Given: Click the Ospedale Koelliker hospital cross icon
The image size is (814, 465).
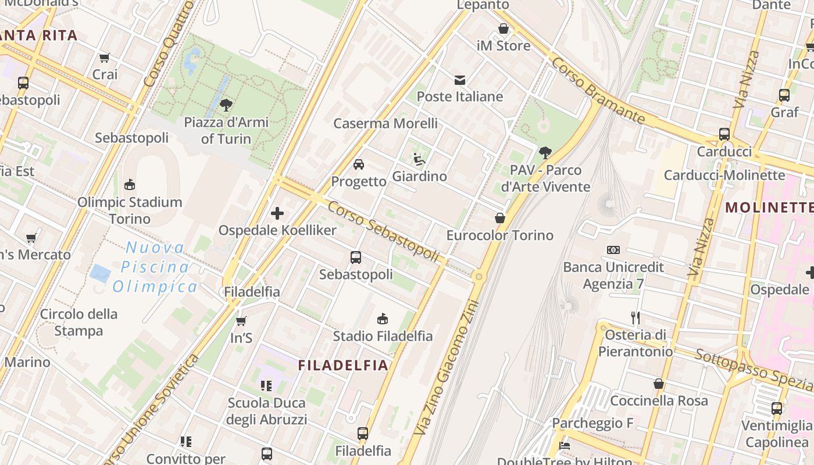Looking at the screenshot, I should point(277,213).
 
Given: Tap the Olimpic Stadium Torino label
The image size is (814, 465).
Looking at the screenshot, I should point(130,210).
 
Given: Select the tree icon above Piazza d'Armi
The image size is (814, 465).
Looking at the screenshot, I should point(226,105).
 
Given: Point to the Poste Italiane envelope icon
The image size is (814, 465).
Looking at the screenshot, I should point(460,80).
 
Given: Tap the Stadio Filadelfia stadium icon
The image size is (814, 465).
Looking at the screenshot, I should point(383,319).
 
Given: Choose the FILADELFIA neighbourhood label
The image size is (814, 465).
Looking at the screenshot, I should point(342,365).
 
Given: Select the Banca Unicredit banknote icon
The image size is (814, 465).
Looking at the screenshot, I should point(613,250).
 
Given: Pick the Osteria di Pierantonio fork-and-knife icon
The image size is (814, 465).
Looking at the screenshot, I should point(636,317).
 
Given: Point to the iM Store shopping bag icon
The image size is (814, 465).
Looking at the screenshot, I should point(504,28).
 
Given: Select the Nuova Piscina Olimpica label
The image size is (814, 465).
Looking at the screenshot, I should point(155,267).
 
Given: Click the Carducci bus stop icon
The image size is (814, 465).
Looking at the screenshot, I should point(724,134).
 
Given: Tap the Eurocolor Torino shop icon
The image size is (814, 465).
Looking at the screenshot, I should point(499,218).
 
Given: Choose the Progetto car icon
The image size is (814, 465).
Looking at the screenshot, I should point(359,164).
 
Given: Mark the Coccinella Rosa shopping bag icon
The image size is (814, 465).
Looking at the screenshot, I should point(659,384).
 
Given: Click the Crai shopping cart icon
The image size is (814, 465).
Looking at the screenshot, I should point(105,58).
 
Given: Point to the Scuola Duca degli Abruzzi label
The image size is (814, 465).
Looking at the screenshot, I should point(266,411).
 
